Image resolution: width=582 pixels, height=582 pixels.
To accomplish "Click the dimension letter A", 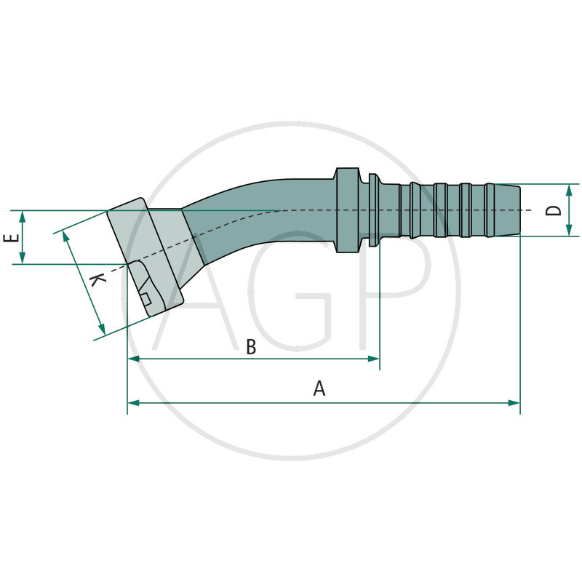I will click(319, 388).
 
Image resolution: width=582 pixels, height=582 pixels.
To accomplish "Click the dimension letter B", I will click(251, 347).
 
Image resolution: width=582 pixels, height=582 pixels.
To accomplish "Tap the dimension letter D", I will click(554, 210).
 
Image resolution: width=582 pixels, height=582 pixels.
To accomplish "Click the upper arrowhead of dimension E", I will click(23, 216).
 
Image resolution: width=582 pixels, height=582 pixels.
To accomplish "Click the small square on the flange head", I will click(146, 298).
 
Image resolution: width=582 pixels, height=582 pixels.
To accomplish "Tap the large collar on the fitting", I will click(348, 210).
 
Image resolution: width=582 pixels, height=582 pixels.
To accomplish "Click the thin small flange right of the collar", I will click(373, 210).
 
